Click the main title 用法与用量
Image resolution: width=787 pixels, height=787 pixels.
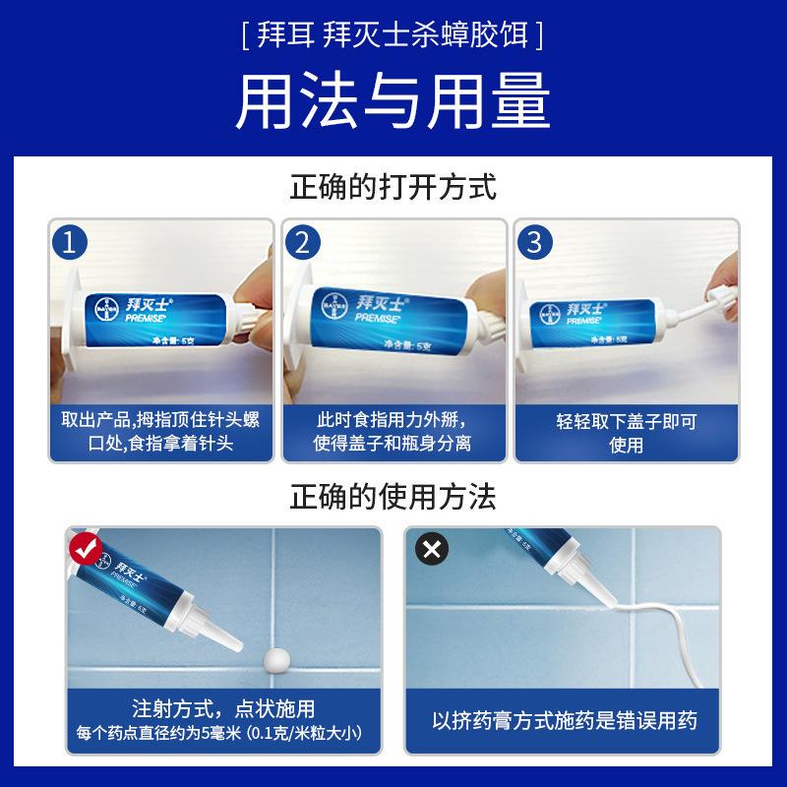pyautogui.click(x=393, y=101)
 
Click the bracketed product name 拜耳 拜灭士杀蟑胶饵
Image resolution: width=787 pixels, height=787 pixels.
pyautogui.click(x=393, y=37)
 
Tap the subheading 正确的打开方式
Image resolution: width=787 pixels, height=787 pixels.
pyautogui.click(x=393, y=186)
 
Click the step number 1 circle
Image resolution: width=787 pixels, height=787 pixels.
pyautogui.click(x=69, y=241)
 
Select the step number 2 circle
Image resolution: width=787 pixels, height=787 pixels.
pyautogui.click(x=302, y=241)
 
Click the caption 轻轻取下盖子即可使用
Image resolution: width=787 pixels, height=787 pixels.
pyautogui.click(x=625, y=433)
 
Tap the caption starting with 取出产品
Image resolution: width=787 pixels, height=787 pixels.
pyautogui.click(x=160, y=433)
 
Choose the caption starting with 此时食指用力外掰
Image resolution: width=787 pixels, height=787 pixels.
pyautogui.click(x=393, y=433)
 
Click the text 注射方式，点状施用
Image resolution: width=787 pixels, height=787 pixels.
pyautogui.click(x=223, y=709)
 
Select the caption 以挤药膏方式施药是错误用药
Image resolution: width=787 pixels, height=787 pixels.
pyautogui.click(x=564, y=720)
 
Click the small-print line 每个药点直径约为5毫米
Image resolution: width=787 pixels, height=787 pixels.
pyautogui.click(x=223, y=733)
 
